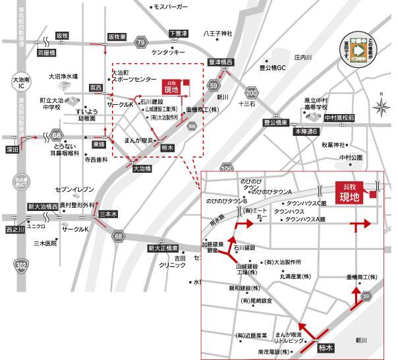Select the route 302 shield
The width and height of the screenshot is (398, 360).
coord(20,265)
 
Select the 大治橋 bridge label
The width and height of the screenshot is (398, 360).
coord(142,169)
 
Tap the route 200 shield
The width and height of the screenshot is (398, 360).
coord(250,92)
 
